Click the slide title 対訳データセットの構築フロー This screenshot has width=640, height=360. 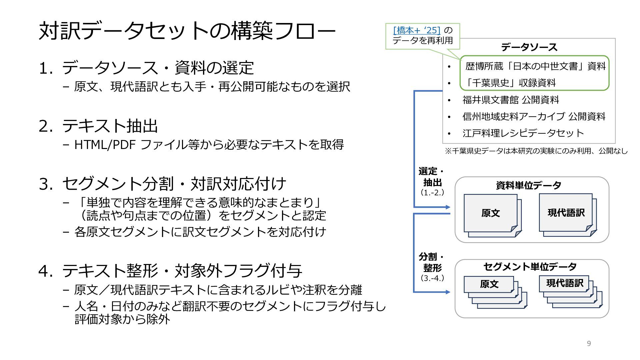187,31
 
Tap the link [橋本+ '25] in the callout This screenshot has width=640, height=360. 417,30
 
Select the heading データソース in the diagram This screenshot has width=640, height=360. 529,47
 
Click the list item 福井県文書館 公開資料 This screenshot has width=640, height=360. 510,100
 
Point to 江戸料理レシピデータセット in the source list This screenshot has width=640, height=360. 523,133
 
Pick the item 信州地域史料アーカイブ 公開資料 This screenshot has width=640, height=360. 534,116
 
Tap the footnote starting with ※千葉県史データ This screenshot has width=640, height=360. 536,151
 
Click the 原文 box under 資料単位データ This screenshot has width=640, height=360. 490,213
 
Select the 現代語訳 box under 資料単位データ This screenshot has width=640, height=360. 566,212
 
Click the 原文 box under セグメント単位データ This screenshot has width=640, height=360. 489,284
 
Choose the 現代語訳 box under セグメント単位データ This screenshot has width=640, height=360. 564,283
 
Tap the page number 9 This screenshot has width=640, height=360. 589,343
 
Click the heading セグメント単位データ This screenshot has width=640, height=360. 530,267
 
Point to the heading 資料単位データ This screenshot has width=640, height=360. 528,185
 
